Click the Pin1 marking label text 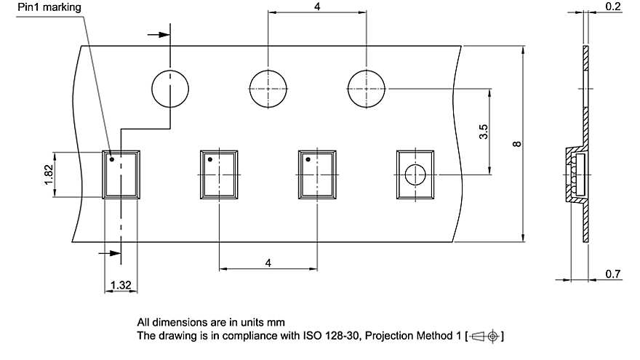49,7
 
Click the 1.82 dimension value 48,175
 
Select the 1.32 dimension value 121,285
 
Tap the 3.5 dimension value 483,132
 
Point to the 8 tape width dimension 517,144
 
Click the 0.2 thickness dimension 613,7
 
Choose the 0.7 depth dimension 613,274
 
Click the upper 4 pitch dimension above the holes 317,7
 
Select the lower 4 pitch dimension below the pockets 268,263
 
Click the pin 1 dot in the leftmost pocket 112,159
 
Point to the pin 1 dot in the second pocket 210,159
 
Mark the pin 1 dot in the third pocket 308,159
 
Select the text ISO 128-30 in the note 331,336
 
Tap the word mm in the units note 276,322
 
